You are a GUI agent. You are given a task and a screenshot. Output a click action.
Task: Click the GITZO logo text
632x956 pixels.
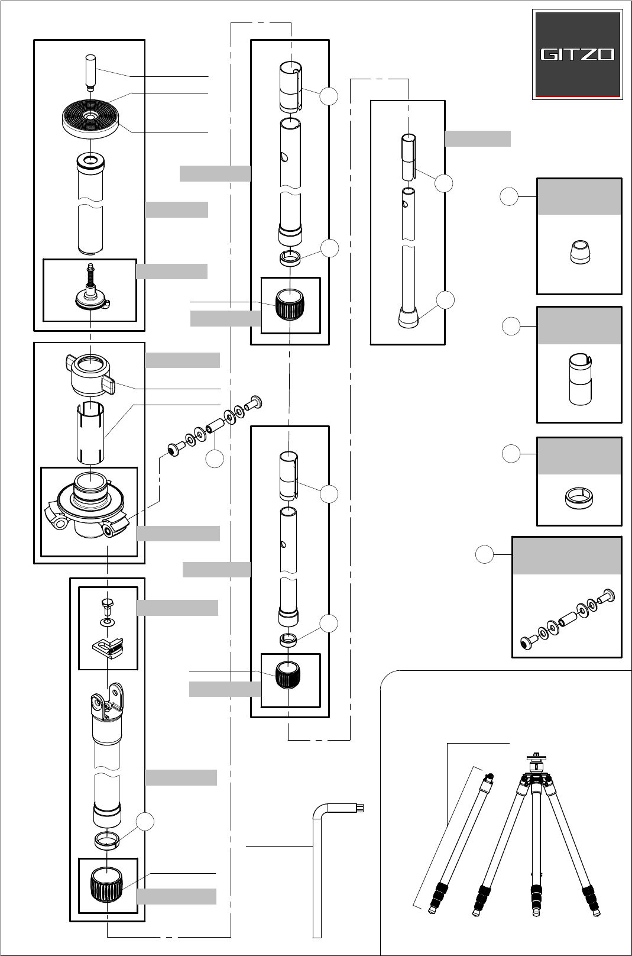click(x=577, y=55)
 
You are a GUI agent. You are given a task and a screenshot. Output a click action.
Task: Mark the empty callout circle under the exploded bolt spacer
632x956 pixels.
click(x=214, y=459)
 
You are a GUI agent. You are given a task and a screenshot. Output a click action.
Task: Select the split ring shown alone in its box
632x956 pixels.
click(x=578, y=498)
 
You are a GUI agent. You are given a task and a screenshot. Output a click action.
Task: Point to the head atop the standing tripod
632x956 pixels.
click(x=535, y=764)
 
